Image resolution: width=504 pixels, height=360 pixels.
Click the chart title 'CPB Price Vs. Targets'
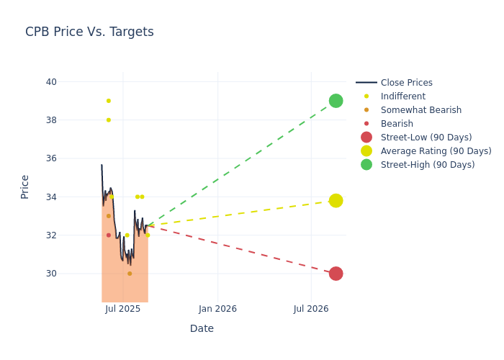89,32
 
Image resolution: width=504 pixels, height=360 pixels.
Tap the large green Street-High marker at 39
336,101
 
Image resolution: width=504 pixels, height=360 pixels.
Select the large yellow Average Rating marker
336,201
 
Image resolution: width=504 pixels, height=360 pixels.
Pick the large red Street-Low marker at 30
336,274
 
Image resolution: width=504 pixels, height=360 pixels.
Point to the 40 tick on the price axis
51,82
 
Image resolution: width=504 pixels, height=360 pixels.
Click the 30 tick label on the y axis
51,274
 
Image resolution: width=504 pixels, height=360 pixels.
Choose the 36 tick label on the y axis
51,158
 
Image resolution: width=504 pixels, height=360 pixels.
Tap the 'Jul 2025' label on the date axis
123,309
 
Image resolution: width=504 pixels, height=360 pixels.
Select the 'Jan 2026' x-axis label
217,309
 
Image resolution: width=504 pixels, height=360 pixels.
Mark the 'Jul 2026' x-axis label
311,309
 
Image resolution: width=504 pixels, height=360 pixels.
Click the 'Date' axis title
202,328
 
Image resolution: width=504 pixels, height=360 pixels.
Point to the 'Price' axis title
25,186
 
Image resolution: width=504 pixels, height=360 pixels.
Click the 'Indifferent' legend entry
402,96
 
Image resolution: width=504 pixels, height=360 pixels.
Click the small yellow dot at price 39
109,101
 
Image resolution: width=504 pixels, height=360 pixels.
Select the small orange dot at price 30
130,274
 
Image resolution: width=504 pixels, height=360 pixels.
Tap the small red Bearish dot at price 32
109,235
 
